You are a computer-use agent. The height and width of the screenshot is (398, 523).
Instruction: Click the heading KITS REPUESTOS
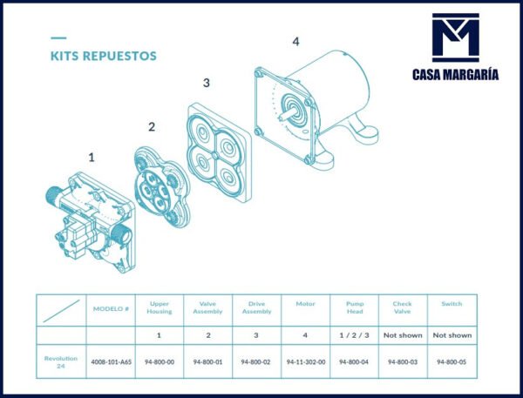(103, 56)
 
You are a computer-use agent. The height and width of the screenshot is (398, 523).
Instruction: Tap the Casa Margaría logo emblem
(456, 38)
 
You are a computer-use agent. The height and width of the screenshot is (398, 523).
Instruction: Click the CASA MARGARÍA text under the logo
(456, 75)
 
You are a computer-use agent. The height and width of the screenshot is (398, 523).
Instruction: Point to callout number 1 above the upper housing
(92, 158)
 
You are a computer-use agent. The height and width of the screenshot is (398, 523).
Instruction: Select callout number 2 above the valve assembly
(151, 127)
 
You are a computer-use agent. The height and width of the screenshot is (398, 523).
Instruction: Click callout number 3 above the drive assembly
(206, 84)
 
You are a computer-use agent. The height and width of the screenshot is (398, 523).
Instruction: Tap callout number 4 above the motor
(295, 42)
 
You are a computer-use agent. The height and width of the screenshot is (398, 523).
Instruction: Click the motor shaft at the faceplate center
(287, 112)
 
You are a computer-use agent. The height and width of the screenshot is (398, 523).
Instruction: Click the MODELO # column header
(111, 309)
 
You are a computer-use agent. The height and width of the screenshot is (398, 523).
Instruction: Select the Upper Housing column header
(160, 309)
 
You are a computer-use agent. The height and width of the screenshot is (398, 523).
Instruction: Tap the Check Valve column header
(403, 309)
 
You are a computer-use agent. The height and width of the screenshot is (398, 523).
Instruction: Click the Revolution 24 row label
(62, 361)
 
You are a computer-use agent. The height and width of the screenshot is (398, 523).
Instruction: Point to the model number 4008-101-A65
(111, 361)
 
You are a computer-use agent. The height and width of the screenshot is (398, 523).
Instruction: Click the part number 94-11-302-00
(306, 361)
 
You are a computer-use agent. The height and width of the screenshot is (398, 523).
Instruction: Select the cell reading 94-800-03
(403, 361)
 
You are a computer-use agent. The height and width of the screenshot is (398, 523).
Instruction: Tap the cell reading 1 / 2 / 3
(354, 335)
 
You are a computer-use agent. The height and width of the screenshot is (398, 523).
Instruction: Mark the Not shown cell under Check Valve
(403, 335)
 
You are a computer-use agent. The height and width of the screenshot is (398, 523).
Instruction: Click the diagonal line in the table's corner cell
(62, 309)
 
